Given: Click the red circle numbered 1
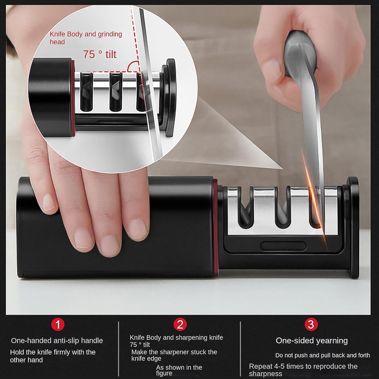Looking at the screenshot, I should pyautogui.click(x=58, y=324).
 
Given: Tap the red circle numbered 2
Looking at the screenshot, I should pyautogui.click(x=180, y=324).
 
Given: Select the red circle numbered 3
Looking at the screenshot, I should pyautogui.click(x=311, y=324).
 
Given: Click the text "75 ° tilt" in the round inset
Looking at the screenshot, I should pyautogui.click(x=100, y=54).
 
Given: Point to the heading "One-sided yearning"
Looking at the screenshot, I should pyautogui.click(x=312, y=341).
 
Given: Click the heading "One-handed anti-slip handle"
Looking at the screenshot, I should pyautogui.click(x=57, y=341).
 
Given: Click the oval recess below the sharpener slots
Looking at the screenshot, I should pyautogui.click(x=283, y=246).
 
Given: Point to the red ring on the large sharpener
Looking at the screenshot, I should pyautogui.click(x=215, y=227).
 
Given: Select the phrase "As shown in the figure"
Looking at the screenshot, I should pyautogui.click(x=179, y=370).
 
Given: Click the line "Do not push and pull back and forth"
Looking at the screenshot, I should pyautogui.click(x=322, y=355).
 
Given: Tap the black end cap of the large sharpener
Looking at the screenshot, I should pyautogui.click(x=353, y=227).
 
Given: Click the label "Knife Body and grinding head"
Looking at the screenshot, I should pyautogui.click(x=86, y=38).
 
